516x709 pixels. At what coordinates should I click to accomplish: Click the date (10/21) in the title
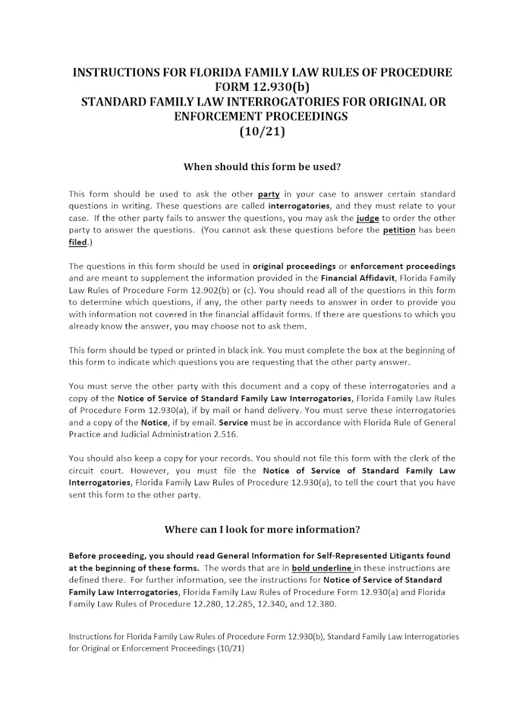pos(262,132)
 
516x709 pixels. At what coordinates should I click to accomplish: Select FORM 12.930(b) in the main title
pos(262,87)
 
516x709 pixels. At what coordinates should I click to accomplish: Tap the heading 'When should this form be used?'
pos(262,166)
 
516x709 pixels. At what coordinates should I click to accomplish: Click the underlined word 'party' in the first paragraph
pos(268,194)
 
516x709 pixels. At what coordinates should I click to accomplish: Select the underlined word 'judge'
pos(368,219)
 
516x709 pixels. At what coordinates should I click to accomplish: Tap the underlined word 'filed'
pos(77,243)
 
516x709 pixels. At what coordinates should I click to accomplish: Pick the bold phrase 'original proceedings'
pos(294,266)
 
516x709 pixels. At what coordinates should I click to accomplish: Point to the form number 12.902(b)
pos(184,291)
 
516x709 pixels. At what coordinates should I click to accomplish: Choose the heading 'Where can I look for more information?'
pos(262,530)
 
